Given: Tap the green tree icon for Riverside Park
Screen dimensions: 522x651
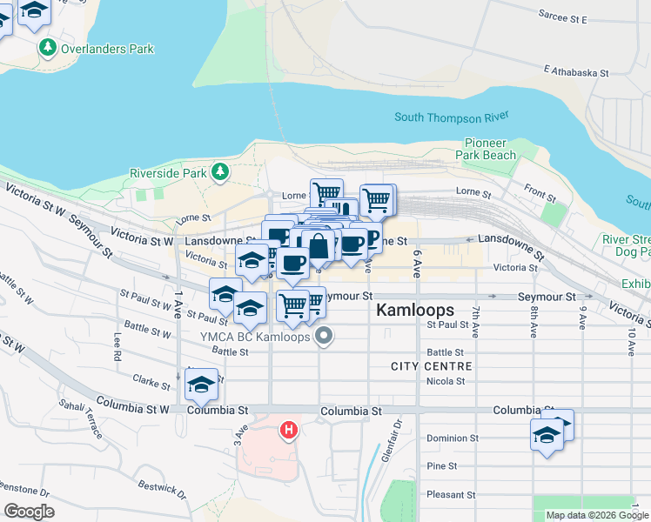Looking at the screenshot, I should point(220,172).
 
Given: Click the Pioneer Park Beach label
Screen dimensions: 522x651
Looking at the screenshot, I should point(490,149).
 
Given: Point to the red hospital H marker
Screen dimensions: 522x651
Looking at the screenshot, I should point(288,430).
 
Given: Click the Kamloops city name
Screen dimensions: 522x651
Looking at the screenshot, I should point(415,310).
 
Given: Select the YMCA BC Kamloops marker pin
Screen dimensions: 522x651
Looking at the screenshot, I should point(325,336).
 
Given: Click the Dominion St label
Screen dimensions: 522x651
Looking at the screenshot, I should point(450,438).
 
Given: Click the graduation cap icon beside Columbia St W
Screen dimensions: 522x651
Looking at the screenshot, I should point(201,384).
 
